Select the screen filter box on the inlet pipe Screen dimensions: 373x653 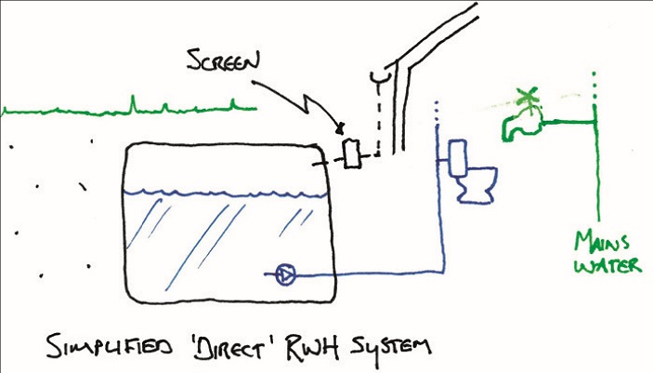[350, 152]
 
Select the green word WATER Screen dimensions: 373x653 [607, 267]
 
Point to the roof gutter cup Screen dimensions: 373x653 [377, 74]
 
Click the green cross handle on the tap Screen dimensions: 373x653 [529, 97]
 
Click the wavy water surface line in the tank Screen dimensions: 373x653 [222, 192]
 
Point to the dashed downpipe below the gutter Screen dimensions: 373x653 [378, 121]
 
